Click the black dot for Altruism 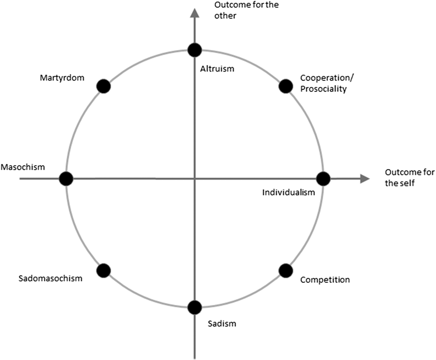pos(195,50)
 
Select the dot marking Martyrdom pos(103,86)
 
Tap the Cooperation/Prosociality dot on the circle pos(285,86)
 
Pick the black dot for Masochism pos(66,179)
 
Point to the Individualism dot pos(323,179)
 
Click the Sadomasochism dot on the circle pos(103,270)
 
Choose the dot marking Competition pos(285,270)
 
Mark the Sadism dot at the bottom pos(195,307)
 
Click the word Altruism pos(217,68)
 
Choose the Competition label pos(325,280)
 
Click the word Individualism pos(288,192)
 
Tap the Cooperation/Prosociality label pos(327,83)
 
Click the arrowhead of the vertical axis pos(195,12)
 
